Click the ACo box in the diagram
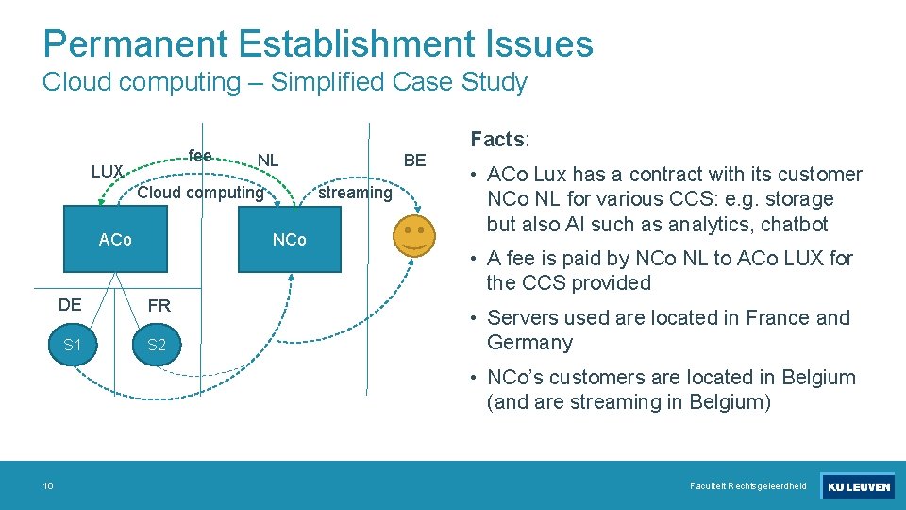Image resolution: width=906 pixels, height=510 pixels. pyautogui.click(x=116, y=240)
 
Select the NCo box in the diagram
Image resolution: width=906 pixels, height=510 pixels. pyautogui.click(x=289, y=240)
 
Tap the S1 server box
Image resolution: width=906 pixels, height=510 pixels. pyautogui.click(x=72, y=345)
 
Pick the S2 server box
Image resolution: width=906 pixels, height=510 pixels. pyautogui.click(x=157, y=345)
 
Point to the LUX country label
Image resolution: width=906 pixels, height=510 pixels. pyautogui.click(x=108, y=172)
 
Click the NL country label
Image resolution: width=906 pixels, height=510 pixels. pyautogui.click(x=268, y=160)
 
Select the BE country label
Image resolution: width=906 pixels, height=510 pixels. pyautogui.click(x=414, y=160)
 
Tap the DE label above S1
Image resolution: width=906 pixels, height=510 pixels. pyautogui.click(x=70, y=304)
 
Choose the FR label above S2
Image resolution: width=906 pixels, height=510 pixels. pyautogui.click(x=159, y=306)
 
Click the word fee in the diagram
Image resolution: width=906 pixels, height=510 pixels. pyautogui.click(x=199, y=155)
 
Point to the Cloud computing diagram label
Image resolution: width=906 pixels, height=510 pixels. pyautogui.click(x=200, y=193)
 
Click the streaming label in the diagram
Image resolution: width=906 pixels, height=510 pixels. pyautogui.click(x=354, y=193)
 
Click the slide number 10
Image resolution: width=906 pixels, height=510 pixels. pyautogui.click(x=47, y=486)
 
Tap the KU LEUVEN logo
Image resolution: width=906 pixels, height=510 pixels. pyautogui.click(x=857, y=486)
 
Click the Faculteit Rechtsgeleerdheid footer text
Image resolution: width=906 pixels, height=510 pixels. pyautogui.click(x=748, y=486)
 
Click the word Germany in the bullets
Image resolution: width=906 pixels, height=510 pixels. pyautogui.click(x=529, y=343)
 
